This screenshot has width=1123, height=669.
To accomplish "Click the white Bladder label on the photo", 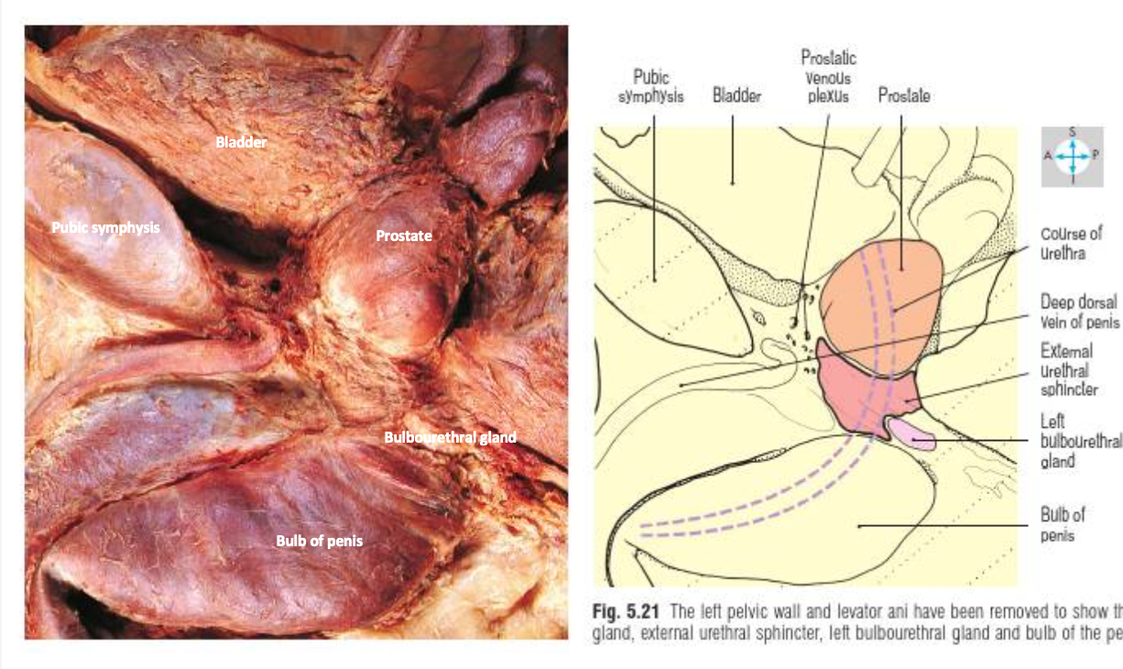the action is (241, 142).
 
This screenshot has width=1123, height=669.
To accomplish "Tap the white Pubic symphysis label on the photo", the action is (106, 227).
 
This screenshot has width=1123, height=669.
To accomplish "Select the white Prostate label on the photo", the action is (403, 236).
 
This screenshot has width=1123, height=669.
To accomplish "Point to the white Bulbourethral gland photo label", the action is (450, 437).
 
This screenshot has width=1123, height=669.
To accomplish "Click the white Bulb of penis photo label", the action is (319, 541).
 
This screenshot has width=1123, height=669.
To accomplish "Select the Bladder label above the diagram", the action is (736, 95).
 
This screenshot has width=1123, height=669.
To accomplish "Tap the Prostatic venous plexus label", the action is (828, 77).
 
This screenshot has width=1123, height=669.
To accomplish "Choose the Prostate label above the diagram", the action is (904, 95).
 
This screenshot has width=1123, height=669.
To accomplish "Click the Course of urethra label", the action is (1071, 243).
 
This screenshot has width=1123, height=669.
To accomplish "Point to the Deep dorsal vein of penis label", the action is (1079, 312).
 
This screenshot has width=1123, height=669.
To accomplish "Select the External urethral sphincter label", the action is (1068, 370).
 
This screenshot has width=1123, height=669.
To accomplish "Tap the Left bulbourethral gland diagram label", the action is (1079, 440).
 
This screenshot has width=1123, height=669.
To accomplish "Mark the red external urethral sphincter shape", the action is (856, 394).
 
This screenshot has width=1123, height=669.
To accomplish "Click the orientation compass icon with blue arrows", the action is (1072, 157).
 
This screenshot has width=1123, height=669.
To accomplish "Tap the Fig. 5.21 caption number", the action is (622, 613).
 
